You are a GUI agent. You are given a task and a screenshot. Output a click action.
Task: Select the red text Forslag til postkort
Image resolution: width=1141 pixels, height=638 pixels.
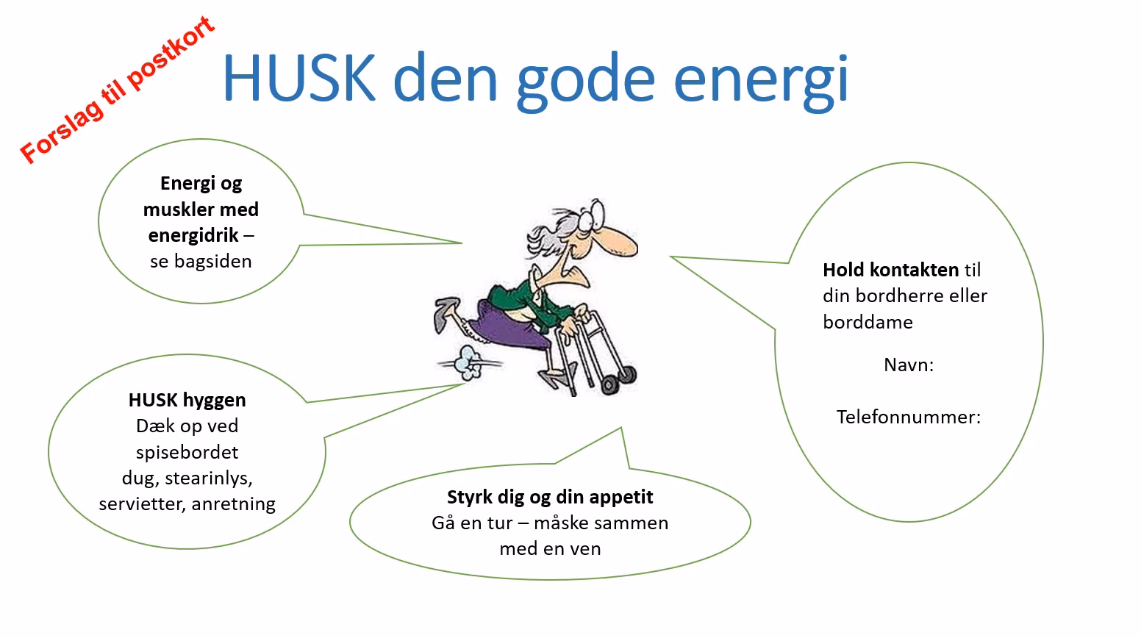coord(118,90)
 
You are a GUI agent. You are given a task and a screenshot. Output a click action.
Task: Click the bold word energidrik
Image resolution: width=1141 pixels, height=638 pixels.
coord(193,235)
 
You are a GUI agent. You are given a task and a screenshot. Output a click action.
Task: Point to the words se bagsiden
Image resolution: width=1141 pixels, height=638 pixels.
coord(201,261)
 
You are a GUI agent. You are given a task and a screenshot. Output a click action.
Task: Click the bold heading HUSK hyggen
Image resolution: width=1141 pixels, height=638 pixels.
coord(187,400)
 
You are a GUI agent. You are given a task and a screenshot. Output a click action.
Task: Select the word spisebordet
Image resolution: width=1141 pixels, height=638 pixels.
coord(187,452)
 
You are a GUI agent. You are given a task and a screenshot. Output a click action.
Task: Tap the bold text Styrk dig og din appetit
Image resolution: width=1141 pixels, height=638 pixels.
coord(550,497)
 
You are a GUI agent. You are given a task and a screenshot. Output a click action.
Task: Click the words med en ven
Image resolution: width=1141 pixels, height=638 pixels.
coord(550,548)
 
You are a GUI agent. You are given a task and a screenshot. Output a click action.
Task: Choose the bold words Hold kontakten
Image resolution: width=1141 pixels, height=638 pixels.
coord(890,270)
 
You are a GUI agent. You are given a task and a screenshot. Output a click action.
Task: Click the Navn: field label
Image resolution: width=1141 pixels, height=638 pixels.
coord(909,365)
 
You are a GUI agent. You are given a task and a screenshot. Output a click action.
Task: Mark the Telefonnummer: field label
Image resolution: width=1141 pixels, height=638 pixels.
coord(909,417)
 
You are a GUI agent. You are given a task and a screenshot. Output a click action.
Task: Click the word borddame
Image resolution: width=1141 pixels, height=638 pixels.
coord(868,322)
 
